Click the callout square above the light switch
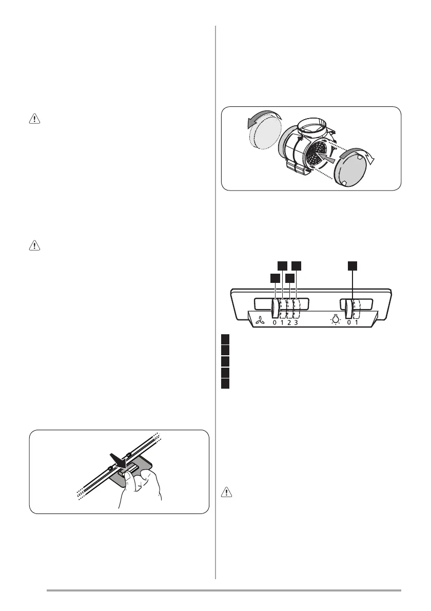352,265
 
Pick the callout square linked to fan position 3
297,265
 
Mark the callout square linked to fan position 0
275,278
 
